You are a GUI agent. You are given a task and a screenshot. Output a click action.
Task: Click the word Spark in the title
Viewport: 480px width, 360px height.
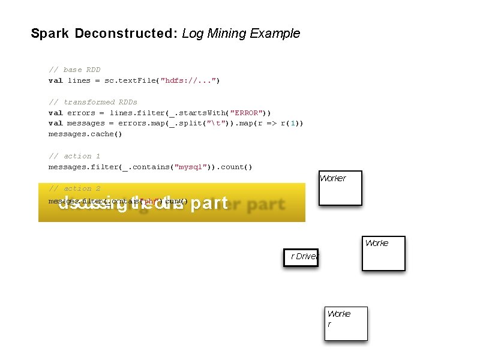point(50,34)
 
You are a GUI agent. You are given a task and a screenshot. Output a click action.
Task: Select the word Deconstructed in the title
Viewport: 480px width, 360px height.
point(124,34)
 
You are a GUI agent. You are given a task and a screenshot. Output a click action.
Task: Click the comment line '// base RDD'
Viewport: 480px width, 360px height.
point(74,70)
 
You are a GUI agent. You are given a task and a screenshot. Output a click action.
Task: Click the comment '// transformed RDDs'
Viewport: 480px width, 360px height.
point(93,102)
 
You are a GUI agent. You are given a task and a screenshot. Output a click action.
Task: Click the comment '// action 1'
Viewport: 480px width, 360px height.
point(74,156)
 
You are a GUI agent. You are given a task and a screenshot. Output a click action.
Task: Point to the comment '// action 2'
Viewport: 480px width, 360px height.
point(74,188)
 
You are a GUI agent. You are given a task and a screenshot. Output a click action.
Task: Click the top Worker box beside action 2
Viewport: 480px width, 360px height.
point(340,188)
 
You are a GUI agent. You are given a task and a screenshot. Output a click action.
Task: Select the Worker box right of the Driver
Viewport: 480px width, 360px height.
point(383,253)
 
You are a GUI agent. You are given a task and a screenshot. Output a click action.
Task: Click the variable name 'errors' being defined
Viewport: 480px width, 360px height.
point(81,113)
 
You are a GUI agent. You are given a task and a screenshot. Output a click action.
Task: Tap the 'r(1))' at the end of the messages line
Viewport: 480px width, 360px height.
point(292,124)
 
